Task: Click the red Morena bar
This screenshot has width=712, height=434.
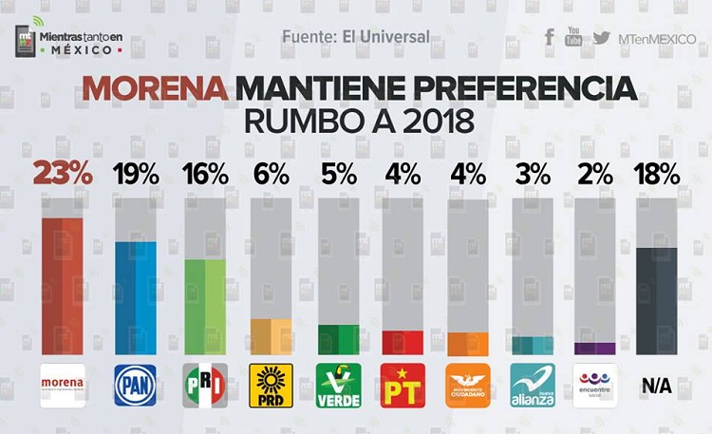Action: coord(62,285)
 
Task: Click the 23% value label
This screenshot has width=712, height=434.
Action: coord(63,174)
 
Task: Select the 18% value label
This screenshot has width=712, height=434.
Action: coord(657,174)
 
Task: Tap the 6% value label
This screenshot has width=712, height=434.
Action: coord(271,174)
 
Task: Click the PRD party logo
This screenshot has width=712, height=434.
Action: coord(271,386)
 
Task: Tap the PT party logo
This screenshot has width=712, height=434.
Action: coord(402,386)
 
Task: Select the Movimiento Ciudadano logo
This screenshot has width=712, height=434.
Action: coord(468,386)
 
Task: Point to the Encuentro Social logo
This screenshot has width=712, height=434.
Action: coord(596,386)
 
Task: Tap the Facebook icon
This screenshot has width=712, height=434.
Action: coord(550,37)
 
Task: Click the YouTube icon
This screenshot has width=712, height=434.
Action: coord(573,37)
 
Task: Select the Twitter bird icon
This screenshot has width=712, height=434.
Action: coord(601,37)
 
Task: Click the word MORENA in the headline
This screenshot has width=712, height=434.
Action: coord(156,90)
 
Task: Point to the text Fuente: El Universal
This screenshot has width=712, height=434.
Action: coord(356,37)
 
